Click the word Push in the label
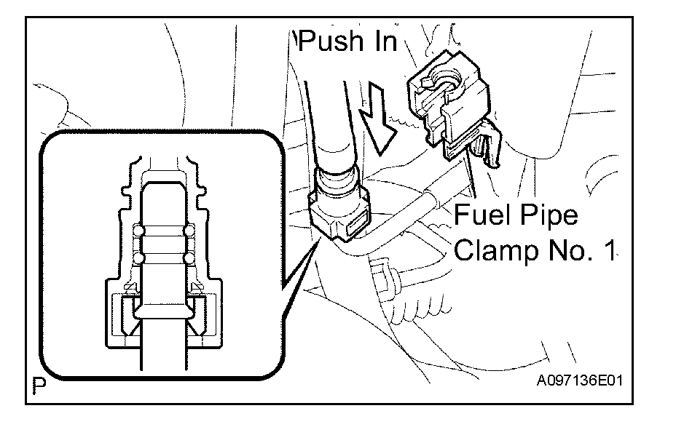point(331,41)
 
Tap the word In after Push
point(382,41)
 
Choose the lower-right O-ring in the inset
point(189,258)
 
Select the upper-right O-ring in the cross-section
point(189,232)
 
